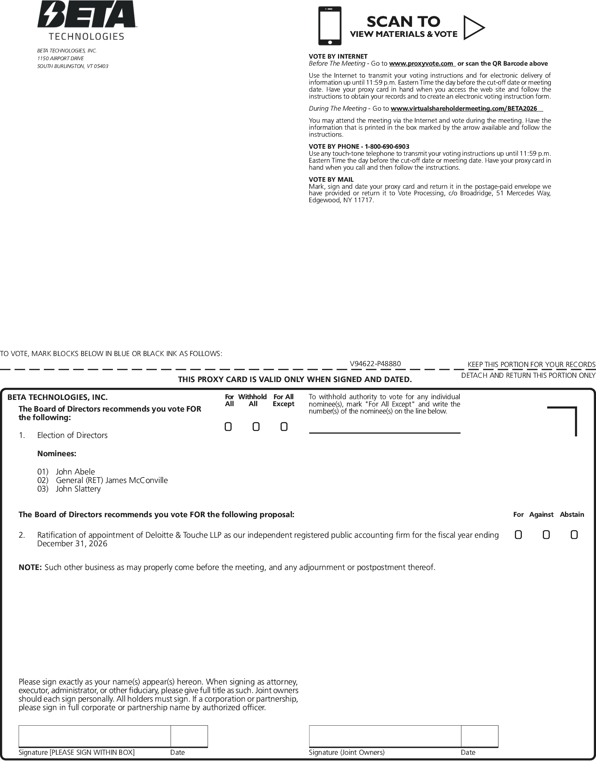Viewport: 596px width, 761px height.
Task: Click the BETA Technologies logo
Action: [x=87, y=20]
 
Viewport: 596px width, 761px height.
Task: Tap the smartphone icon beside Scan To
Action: [x=330, y=26]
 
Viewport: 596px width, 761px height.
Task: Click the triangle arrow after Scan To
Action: [x=473, y=28]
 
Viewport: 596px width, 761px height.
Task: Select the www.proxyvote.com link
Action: [x=421, y=64]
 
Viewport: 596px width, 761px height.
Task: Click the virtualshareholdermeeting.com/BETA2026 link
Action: [x=464, y=109]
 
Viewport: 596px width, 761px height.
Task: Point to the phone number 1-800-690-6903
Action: [x=387, y=146]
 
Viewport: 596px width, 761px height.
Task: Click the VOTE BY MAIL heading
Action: [x=331, y=179]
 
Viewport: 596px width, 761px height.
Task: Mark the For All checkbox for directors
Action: [x=228, y=427]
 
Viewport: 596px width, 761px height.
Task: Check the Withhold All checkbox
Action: [x=256, y=427]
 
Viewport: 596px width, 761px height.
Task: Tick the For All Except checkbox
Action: [x=284, y=427]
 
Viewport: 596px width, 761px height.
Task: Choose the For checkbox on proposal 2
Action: [x=518, y=535]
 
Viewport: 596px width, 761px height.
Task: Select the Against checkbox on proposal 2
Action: [x=546, y=535]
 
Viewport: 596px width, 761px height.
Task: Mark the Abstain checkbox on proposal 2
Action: [x=574, y=535]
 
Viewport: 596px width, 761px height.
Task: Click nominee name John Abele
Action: [x=75, y=472]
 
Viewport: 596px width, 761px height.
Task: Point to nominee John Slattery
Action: [x=78, y=489]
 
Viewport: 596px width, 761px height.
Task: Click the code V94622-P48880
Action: [x=375, y=364]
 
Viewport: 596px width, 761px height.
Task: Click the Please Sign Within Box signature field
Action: [x=94, y=736]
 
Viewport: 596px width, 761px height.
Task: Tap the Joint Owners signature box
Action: [x=385, y=736]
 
